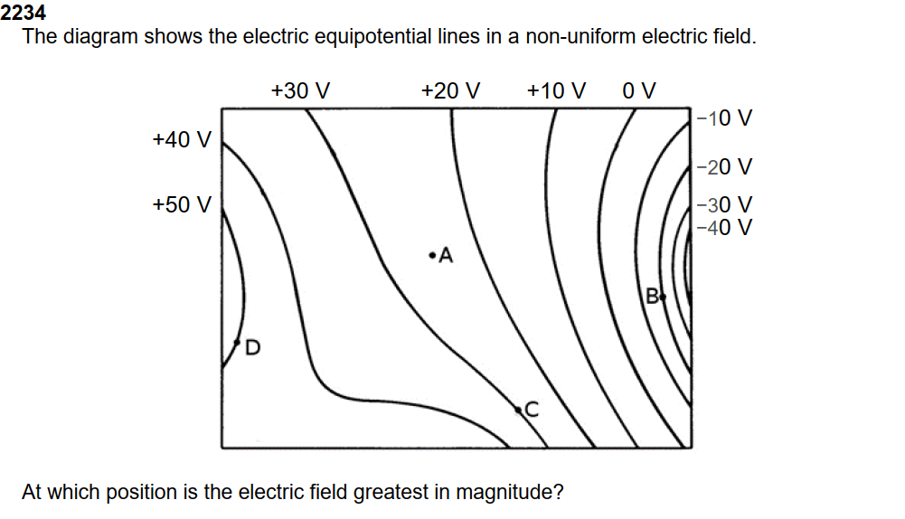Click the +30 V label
click(x=300, y=91)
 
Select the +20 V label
click(x=450, y=91)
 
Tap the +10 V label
click(x=556, y=91)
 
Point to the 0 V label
click(x=639, y=91)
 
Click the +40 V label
click(x=182, y=139)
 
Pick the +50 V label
click(x=182, y=204)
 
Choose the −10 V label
click(x=725, y=118)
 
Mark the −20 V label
click(x=725, y=167)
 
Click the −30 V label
click(x=725, y=206)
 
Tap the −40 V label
click(x=725, y=227)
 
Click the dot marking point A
click(x=433, y=254)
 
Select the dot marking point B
click(x=663, y=296)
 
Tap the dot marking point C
click(x=519, y=410)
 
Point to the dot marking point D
click(x=237, y=343)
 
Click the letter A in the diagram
click(x=445, y=257)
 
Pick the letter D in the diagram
click(x=252, y=347)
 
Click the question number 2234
click(x=24, y=13)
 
